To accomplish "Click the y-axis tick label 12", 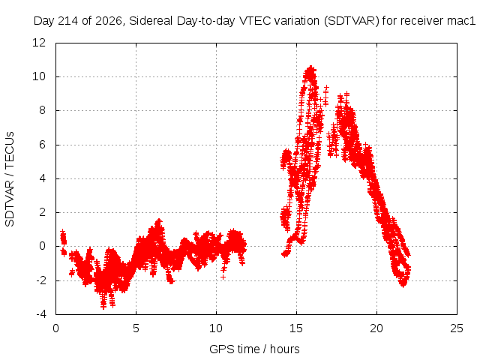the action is coord(39,43).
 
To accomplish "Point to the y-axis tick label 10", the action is coord(39,76).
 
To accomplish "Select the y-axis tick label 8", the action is coord(42,110).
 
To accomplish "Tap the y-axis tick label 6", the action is coord(42,145).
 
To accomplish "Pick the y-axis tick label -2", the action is coord(41,280).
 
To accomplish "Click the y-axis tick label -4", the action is coord(41,314).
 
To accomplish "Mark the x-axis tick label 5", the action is coord(136,328).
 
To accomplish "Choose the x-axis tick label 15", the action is coord(296,328).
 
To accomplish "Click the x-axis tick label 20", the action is coord(376,328).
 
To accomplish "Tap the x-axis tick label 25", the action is coord(457,328).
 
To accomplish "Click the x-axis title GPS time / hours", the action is coord(254,349).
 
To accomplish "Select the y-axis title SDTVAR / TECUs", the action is coord(10,179).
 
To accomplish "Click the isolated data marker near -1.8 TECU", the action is coord(223,277).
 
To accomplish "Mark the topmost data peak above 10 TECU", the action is coord(311,67).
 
